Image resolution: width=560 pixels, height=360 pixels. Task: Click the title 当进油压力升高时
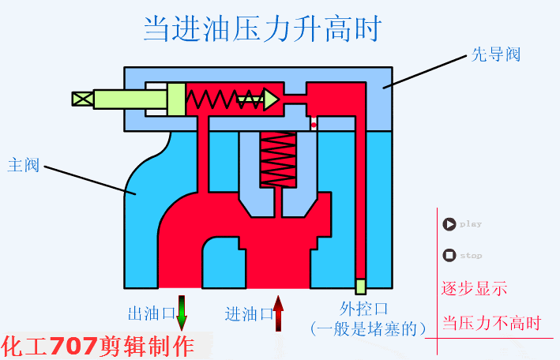pos(262,30)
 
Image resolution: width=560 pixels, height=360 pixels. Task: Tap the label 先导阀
pos(496,55)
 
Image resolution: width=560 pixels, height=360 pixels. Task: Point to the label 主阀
pos(23,166)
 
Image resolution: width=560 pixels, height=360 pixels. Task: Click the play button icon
pos(449,224)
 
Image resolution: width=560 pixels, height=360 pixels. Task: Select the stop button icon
pos(449,255)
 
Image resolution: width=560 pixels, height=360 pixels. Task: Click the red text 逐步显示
pos(474,288)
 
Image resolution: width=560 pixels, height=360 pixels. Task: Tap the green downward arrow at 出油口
pos(182,312)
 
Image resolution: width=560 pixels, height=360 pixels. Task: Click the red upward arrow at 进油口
pos(278,312)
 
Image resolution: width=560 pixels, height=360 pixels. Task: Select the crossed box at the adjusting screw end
pos(82,99)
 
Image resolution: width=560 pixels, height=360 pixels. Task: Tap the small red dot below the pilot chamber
pos(314,125)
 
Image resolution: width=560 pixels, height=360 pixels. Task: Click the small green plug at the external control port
pos(360,286)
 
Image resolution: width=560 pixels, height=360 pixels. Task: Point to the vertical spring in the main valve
pos(278,159)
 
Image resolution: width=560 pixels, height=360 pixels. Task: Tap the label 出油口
pos(151,313)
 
